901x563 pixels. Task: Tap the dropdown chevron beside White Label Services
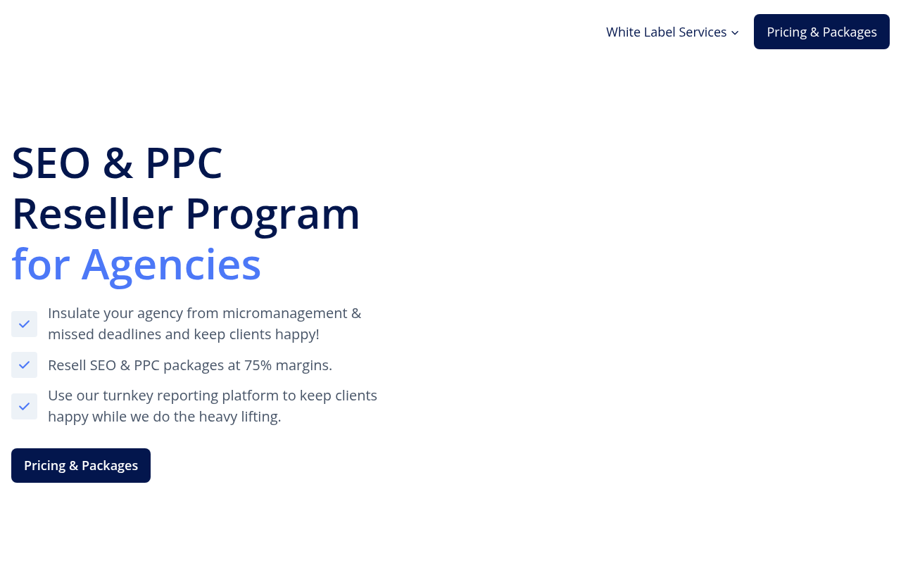pyautogui.click(x=735, y=33)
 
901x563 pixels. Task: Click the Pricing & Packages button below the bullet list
pyautogui.click(x=81, y=466)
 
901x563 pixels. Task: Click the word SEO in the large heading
pyautogui.click(x=51, y=163)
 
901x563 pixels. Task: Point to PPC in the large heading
pyautogui.click(x=184, y=163)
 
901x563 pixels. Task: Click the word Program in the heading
pyautogui.click(x=272, y=216)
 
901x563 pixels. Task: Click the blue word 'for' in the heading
pyautogui.click(x=41, y=264)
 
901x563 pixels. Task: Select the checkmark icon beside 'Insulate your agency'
pyautogui.click(x=24, y=324)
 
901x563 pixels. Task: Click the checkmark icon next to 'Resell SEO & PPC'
pyautogui.click(x=24, y=365)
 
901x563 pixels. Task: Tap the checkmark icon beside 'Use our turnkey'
pyautogui.click(x=24, y=406)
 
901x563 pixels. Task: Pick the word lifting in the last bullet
pyautogui.click(x=260, y=417)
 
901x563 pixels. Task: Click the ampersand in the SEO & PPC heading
pyautogui.click(x=118, y=163)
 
